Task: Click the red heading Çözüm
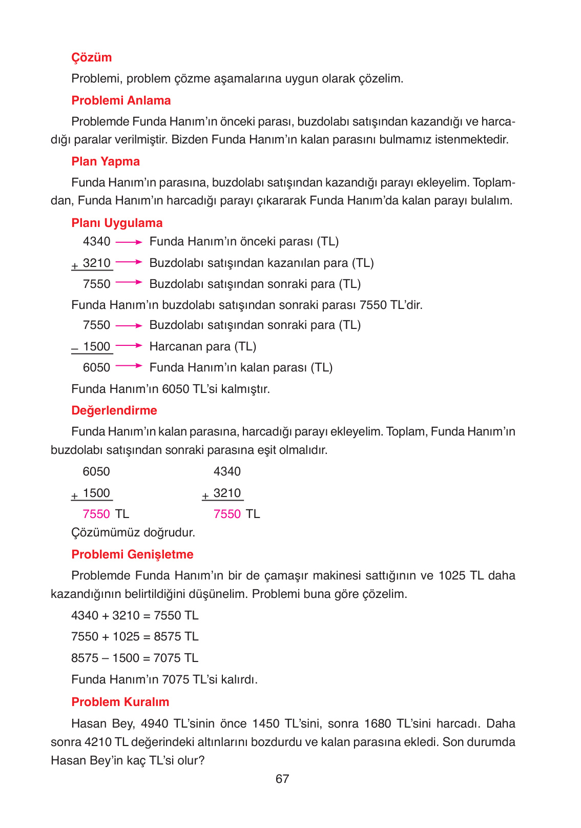tap(91, 57)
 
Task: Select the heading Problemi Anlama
tap(121, 100)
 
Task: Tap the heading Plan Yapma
tap(106, 161)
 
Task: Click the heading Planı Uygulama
tap(117, 223)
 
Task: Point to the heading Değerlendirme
tap(114, 410)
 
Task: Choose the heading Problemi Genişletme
tap(132, 554)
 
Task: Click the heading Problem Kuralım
tap(120, 702)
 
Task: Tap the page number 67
tap(282, 779)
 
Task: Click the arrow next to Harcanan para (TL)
tap(129, 346)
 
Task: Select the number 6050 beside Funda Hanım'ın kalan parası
tap(96, 367)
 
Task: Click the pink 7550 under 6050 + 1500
tap(96, 514)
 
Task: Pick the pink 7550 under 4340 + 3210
tap(227, 514)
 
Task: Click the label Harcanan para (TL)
tap(202, 346)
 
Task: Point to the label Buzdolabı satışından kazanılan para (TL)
tap(261, 263)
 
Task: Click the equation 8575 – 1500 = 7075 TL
tap(134, 658)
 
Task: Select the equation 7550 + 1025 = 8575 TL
tap(134, 636)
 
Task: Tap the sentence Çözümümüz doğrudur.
tap(133, 532)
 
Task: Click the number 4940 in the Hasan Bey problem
tap(155, 723)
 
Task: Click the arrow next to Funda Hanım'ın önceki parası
tap(129, 242)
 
